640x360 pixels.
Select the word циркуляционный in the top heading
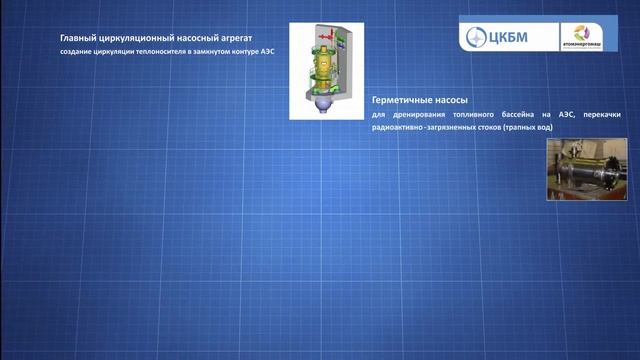tap(140, 38)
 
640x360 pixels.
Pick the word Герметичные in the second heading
tap(401, 102)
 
